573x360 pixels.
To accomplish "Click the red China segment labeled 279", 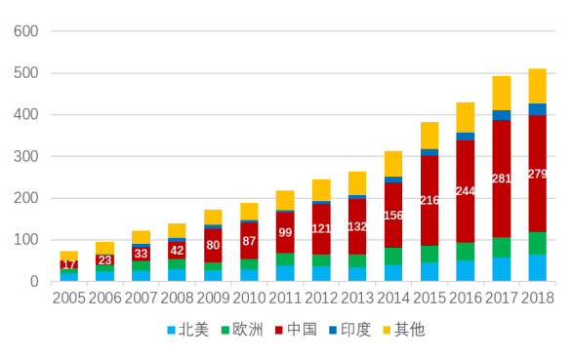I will pos(537,174).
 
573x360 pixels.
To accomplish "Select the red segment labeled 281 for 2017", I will pos(501,179).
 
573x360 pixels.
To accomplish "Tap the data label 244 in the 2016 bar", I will pos(466,191).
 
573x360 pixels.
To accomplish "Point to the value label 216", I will pos(430,200).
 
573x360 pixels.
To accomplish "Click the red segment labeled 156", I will pos(393,216).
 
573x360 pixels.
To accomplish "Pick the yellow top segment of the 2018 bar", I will pos(537,86).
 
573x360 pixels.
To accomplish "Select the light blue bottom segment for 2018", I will pos(537,268).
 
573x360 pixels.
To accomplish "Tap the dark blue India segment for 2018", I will pos(537,109).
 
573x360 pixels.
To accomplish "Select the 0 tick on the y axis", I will pos(32,282).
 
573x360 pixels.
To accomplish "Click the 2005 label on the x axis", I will pos(68,298).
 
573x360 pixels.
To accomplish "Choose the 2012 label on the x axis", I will pos(321,298).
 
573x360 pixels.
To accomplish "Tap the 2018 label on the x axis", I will pos(537,298).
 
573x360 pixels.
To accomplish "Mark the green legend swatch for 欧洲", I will pos(225,330).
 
